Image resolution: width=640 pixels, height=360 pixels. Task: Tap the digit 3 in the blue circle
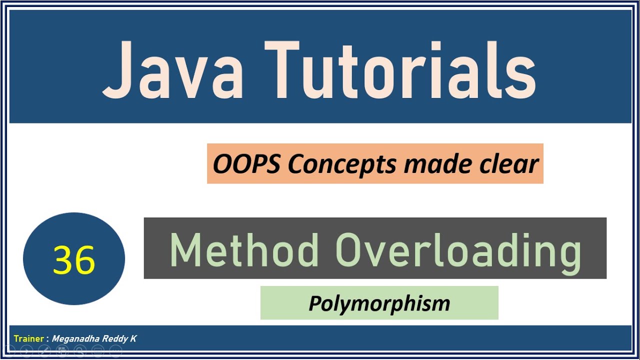[63, 260]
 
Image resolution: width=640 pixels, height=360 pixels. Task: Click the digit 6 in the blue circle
[84, 260]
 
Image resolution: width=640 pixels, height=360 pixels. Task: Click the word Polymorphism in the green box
[379, 303]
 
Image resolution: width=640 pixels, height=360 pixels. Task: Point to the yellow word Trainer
[29, 339]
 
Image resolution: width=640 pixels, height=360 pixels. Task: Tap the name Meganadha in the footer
[75, 339]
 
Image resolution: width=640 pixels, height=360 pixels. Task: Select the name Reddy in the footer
[115, 339]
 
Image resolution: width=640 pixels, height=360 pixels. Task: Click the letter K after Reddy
[133, 339]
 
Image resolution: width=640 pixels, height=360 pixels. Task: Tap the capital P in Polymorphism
[314, 303]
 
